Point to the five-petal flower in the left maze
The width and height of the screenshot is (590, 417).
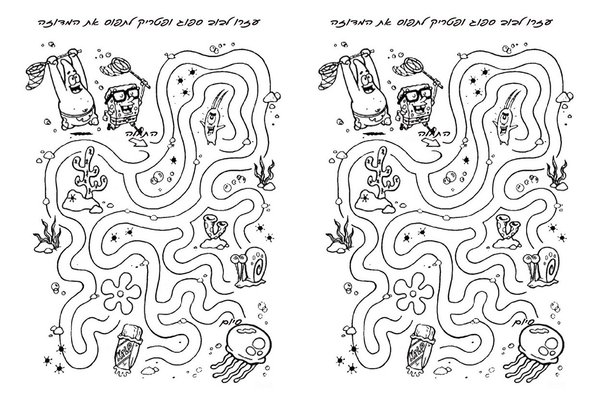click(121, 293)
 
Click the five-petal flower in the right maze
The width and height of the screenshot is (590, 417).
click(413, 293)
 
